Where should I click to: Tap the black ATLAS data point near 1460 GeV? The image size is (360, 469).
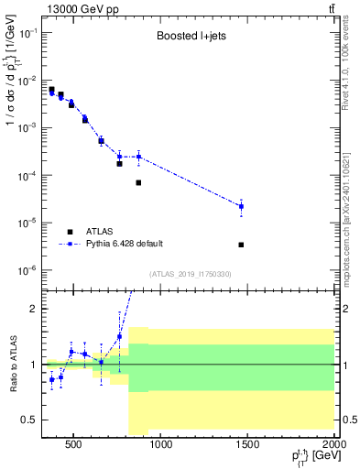pos(241,245)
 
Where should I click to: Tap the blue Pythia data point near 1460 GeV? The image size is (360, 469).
pos(241,206)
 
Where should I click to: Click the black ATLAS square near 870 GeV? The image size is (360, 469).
pos(138,183)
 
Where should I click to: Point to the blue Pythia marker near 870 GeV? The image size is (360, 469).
pos(138,157)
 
